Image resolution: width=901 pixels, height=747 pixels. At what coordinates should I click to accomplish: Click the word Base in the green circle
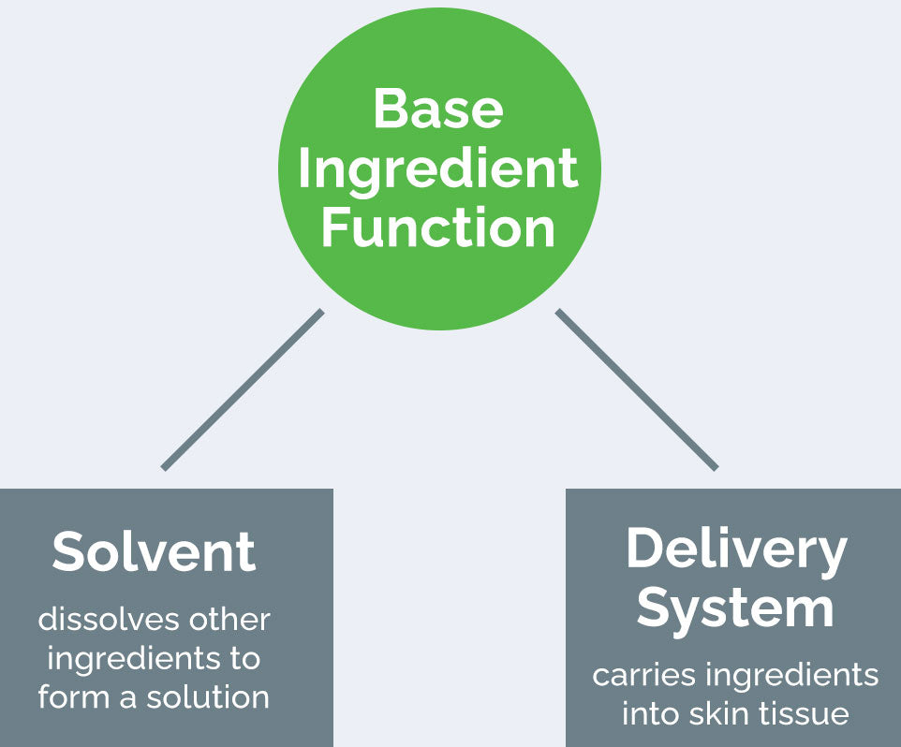coord(438,109)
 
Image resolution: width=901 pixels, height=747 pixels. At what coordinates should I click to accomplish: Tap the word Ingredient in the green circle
coord(438,169)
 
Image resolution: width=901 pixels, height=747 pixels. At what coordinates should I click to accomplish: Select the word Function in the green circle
coord(438,228)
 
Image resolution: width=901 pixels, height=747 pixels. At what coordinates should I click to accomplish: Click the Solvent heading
coord(154,551)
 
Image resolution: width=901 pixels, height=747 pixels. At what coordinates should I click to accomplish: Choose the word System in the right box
coord(736,608)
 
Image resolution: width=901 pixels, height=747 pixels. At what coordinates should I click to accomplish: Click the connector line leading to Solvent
coord(243,389)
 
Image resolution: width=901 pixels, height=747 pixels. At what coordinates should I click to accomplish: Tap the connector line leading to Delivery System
coord(637,389)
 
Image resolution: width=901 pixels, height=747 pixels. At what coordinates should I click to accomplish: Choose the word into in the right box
coord(650,714)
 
